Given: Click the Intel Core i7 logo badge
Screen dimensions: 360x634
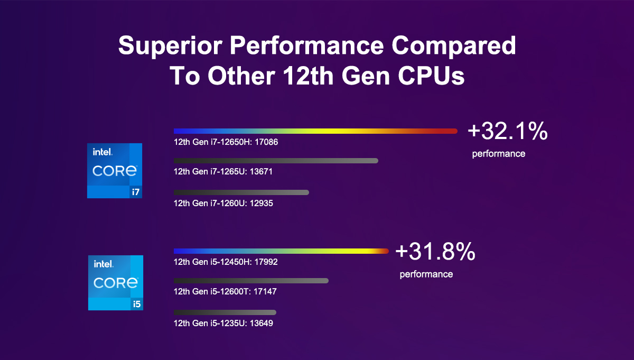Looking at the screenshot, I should coord(115,170).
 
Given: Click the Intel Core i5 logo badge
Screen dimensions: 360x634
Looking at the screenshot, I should coord(115,282).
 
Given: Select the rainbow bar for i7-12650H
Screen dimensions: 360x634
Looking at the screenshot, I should coord(315,131).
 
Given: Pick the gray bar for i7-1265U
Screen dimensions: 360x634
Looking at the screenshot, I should coord(276,161).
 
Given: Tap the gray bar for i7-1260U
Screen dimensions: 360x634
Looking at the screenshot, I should coord(241,192).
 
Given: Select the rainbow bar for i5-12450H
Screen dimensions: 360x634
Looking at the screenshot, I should coord(281,251).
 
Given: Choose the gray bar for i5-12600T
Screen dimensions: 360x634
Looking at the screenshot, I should coord(251,281).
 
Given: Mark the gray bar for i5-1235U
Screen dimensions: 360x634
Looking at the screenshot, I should coord(225,312).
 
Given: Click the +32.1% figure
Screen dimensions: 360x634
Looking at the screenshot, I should coord(507,132).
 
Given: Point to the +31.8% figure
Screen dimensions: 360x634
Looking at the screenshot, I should coord(435,252).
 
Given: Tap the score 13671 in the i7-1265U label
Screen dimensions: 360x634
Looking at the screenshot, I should coord(260,172).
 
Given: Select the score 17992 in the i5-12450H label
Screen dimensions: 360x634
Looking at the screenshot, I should coord(266,262).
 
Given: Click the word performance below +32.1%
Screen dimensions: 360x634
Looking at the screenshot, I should coord(498,154).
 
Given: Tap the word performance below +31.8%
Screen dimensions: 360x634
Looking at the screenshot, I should coord(426,274).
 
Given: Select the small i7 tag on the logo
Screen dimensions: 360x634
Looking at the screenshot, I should coord(136,192).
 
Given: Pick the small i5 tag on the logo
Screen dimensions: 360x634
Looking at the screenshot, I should coord(136,304).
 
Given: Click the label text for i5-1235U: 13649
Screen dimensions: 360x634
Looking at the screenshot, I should coord(223,323).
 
